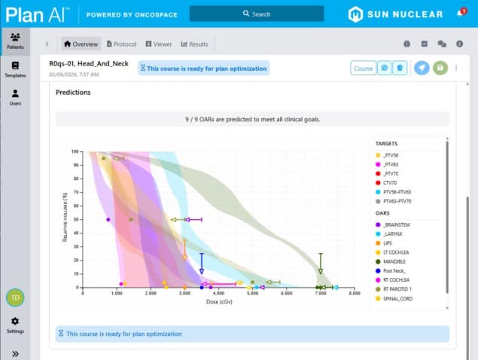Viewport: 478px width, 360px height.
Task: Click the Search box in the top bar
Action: (257, 14)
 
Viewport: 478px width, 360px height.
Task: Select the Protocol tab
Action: (122, 44)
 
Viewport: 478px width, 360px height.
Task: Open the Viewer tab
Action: (159, 44)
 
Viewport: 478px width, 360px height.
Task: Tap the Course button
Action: (364, 69)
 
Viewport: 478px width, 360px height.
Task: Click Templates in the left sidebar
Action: (15, 69)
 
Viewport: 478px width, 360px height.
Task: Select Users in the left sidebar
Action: (15, 97)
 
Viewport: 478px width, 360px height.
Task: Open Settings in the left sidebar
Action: (15, 325)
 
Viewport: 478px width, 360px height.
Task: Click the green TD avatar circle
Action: (15, 297)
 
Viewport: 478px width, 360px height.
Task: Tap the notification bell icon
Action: (460, 14)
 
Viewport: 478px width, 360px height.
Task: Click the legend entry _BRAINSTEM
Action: (397, 224)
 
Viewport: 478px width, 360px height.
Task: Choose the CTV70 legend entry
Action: (391, 182)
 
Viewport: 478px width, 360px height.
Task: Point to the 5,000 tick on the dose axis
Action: (252, 294)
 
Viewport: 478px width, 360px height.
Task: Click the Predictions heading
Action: (73, 93)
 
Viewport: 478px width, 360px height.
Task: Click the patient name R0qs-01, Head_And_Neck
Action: (90, 64)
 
